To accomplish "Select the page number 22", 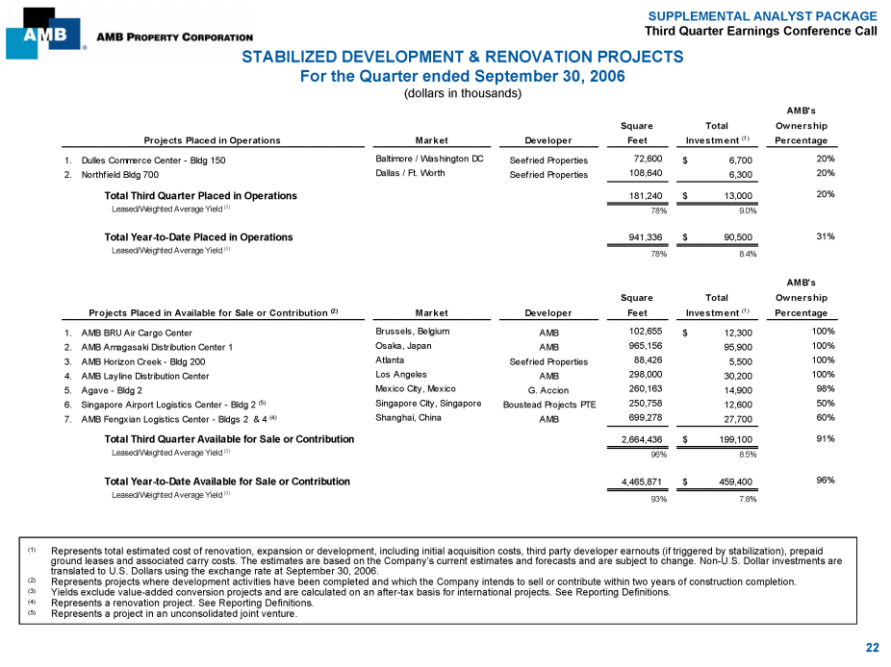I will coord(872,648).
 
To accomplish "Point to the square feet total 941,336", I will coord(640,236).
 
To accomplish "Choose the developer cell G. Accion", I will coord(548,392).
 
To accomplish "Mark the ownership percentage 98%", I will coord(823,388).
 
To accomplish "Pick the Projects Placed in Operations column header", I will coord(212,140).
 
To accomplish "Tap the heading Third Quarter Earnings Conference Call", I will coord(760,32).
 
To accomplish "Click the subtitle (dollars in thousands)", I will coord(462,93).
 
